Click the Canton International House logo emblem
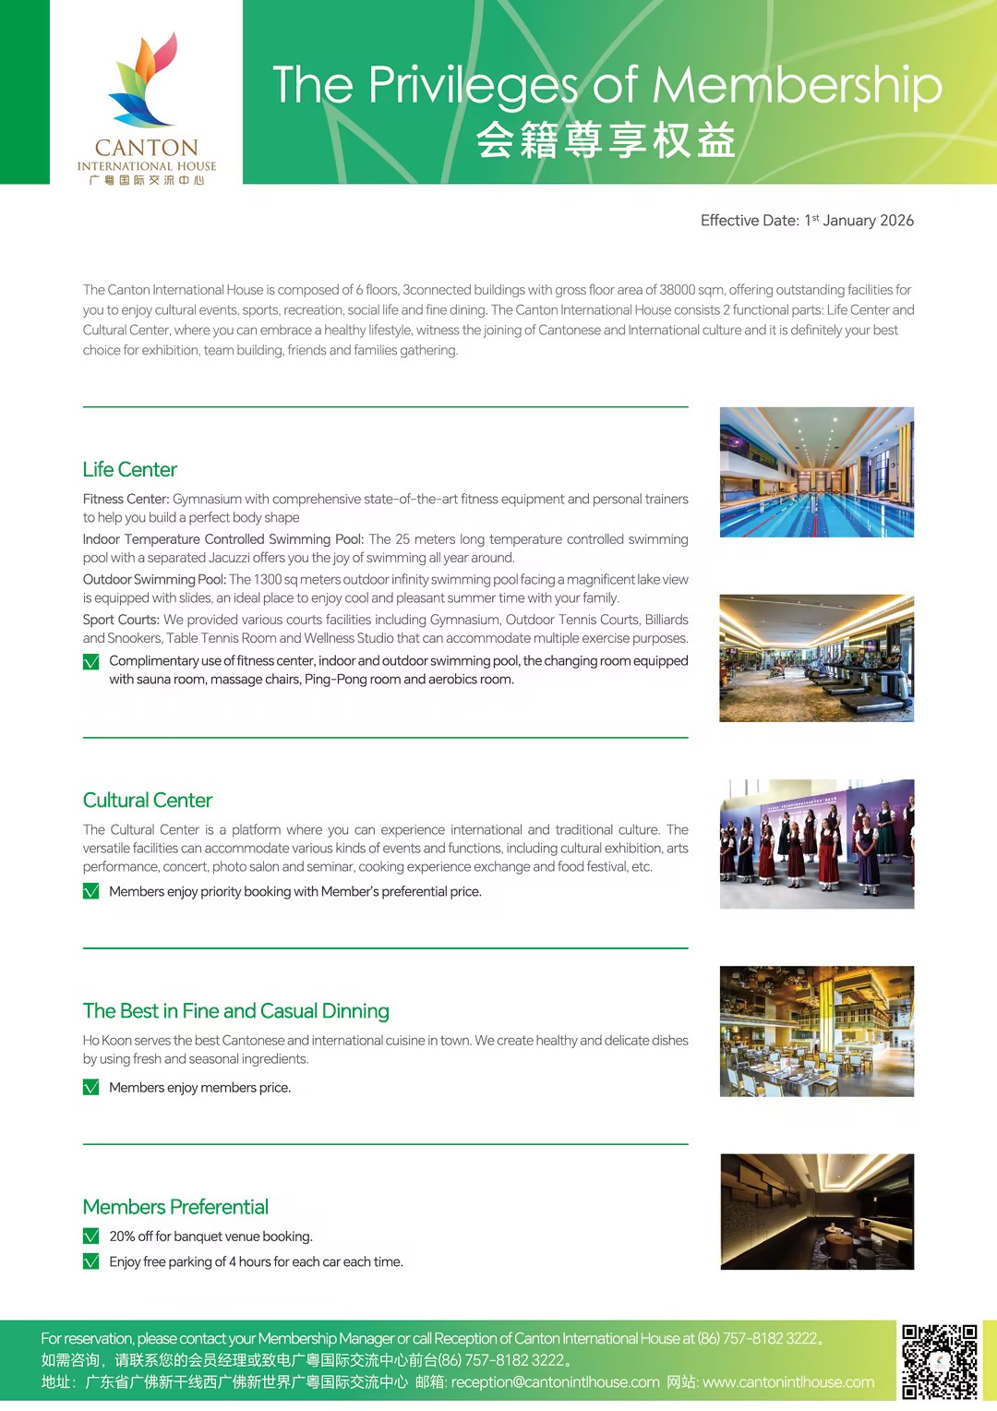(144, 80)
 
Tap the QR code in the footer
(939, 1361)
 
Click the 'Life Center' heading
(129, 469)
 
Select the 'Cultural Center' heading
(148, 800)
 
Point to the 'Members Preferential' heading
(175, 1207)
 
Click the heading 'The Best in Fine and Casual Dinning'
(235, 1010)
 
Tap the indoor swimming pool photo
(816, 472)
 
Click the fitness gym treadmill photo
(816, 658)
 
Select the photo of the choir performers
(816, 844)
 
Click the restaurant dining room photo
(816, 1031)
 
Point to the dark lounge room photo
(816, 1212)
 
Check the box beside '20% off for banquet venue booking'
(91, 1236)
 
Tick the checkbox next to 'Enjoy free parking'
(91, 1261)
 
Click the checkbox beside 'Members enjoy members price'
(91, 1088)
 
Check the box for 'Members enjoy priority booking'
(91, 891)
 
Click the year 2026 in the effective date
(895, 221)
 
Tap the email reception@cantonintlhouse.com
(555, 1382)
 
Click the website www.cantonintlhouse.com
(787, 1382)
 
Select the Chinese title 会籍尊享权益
(606, 140)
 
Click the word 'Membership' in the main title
(797, 85)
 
